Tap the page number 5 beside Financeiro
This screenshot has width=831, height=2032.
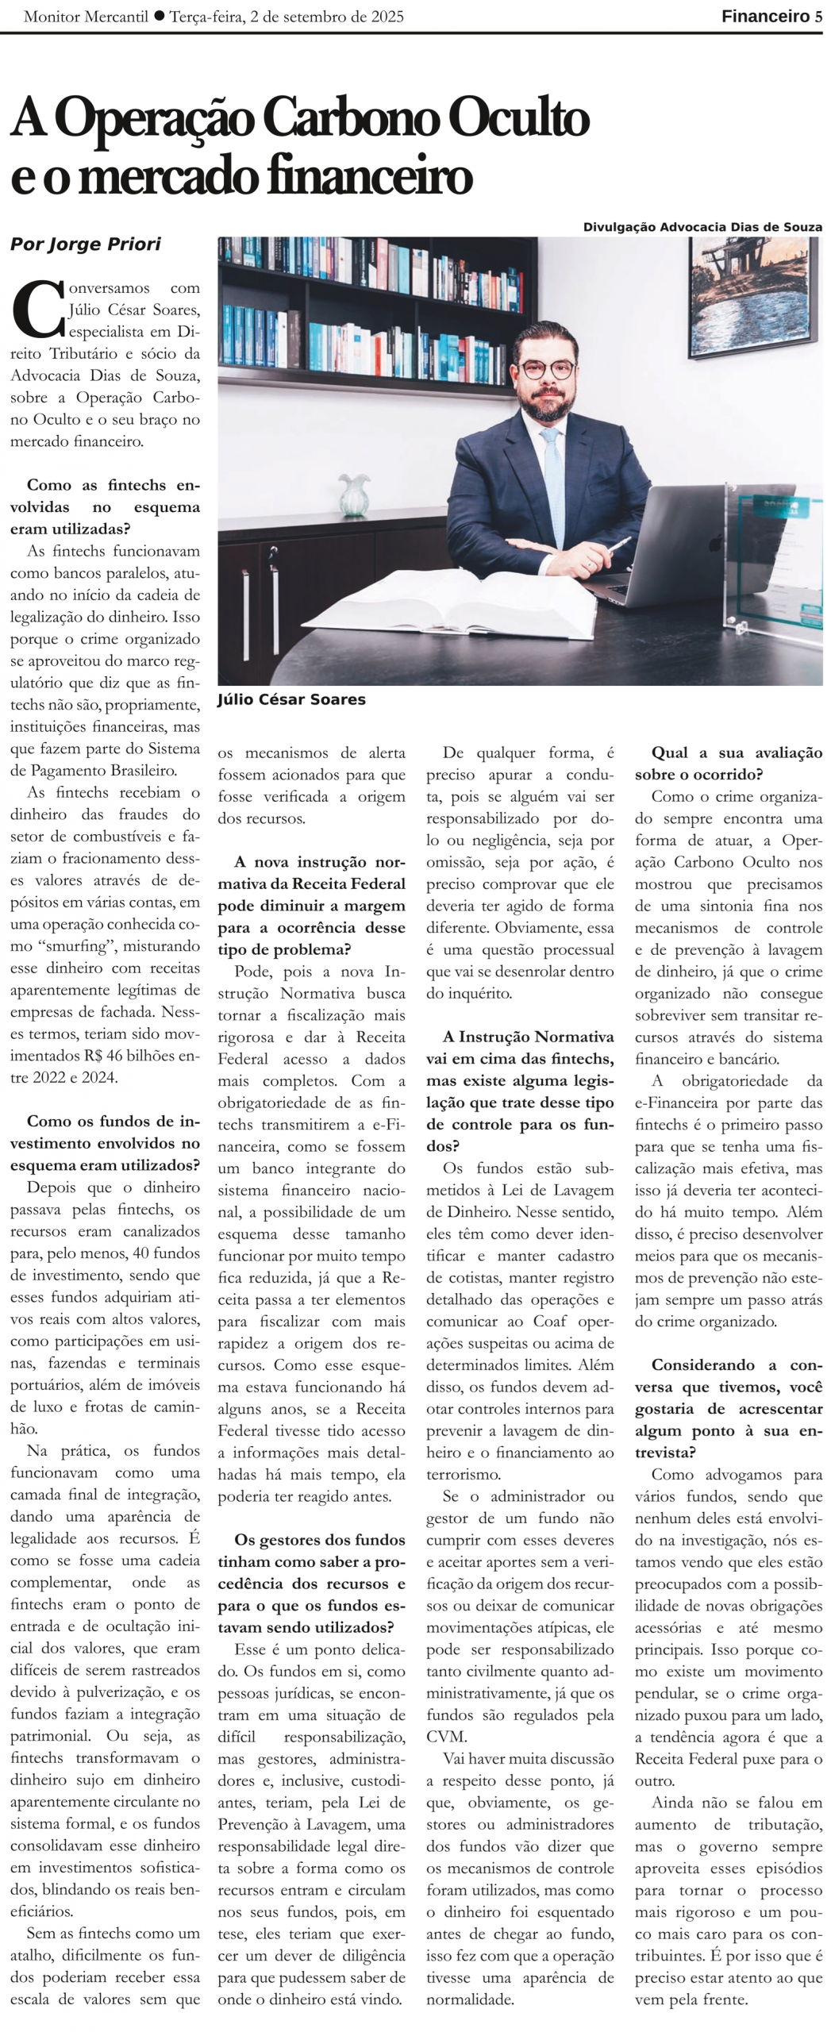[818, 17]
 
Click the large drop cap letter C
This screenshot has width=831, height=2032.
[37, 309]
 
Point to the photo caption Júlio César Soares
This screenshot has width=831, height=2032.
[291, 699]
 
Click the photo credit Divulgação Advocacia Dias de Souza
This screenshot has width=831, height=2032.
[702, 227]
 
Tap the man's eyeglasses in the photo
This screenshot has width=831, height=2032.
[548, 370]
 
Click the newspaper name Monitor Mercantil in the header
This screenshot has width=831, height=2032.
[86, 17]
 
